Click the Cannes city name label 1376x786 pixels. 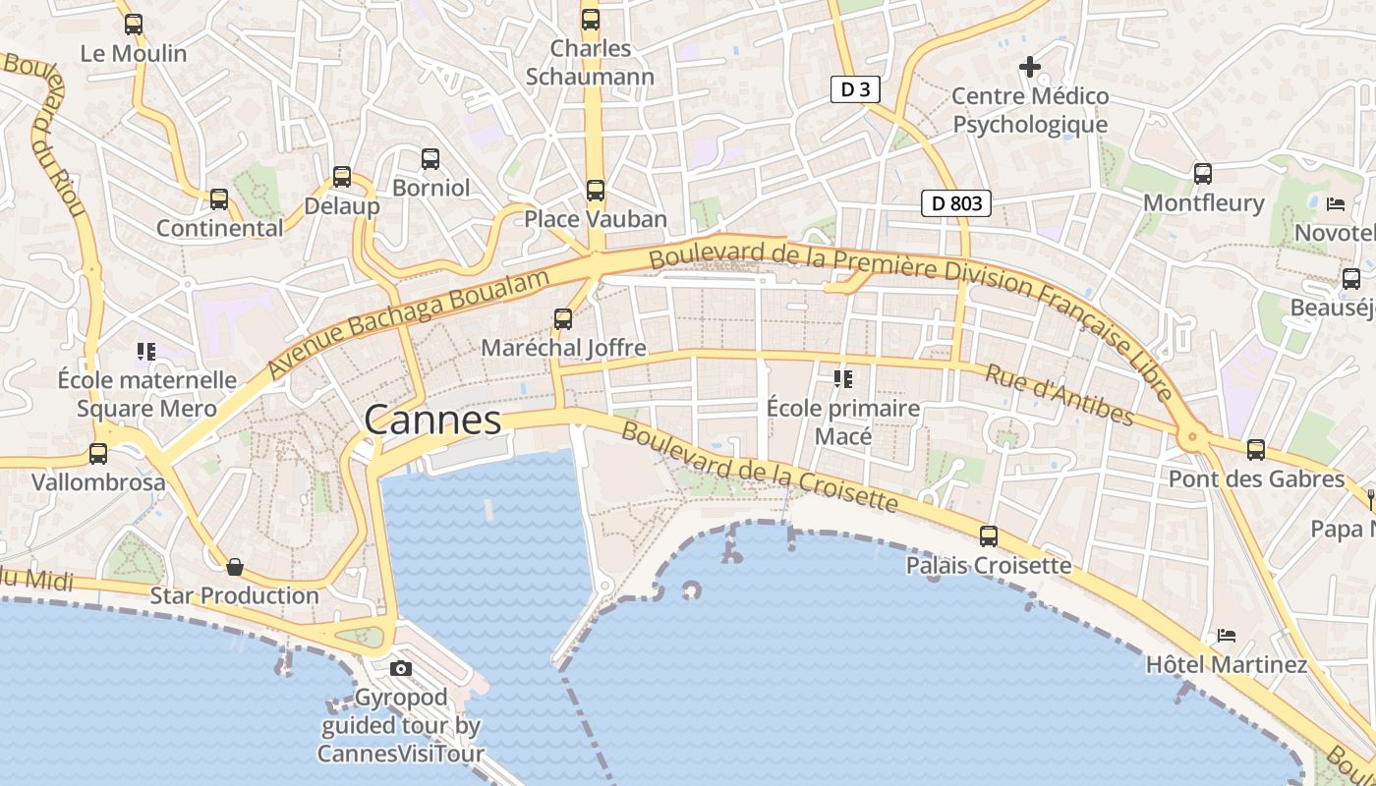point(432,421)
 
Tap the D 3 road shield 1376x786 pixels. point(855,90)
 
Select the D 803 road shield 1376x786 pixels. point(955,203)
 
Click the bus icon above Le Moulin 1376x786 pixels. point(134,25)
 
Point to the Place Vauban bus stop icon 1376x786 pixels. point(596,191)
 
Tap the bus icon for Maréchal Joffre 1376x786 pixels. point(563,318)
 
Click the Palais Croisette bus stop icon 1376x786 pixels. point(989,536)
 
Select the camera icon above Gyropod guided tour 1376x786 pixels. point(401,669)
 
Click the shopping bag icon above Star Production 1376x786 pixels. point(235,567)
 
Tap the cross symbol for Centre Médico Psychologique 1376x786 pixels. point(1030,67)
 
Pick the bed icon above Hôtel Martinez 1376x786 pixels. point(1227,636)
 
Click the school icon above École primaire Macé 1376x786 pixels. point(842,378)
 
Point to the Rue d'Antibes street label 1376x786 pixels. point(1060,396)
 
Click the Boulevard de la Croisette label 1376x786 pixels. point(760,468)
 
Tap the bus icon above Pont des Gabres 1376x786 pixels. point(1256,450)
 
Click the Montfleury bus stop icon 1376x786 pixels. point(1203,174)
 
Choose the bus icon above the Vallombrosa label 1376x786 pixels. point(98,454)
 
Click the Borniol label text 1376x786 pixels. point(430,188)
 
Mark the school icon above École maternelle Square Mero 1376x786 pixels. point(147,351)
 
